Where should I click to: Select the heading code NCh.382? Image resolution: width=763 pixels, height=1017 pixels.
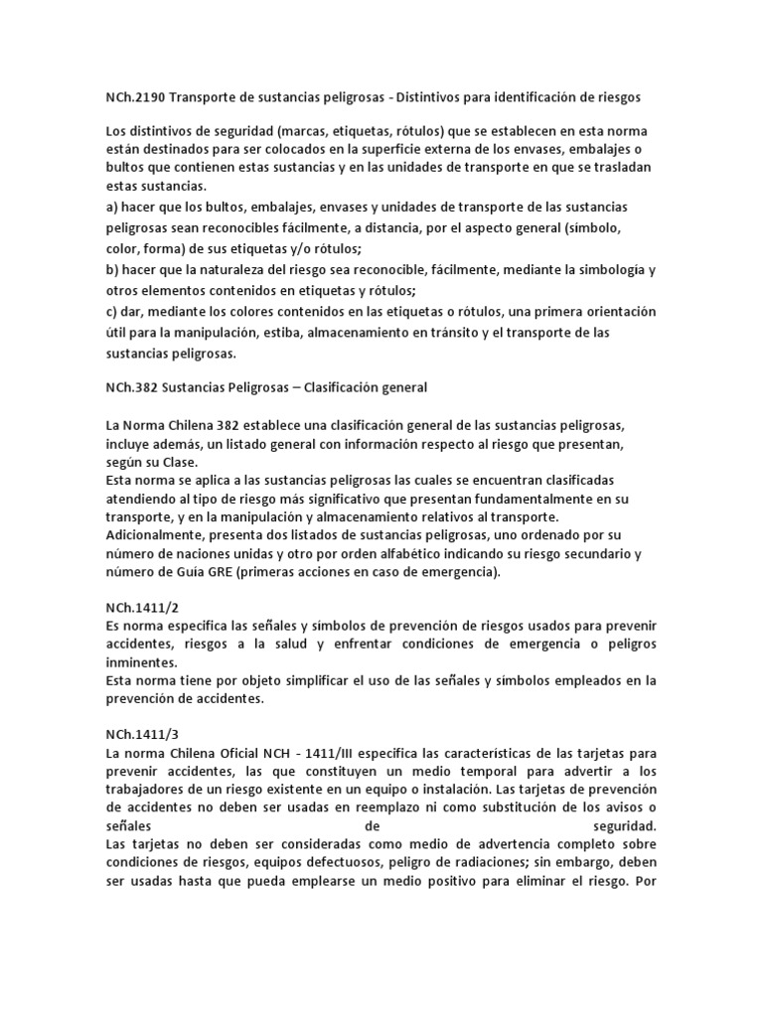pos(133,385)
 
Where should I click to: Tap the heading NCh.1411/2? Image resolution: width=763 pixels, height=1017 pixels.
pos(141,606)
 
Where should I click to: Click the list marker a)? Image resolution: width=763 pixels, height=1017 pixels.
pos(111,205)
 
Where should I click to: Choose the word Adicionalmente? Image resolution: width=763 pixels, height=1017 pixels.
pos(159,536)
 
